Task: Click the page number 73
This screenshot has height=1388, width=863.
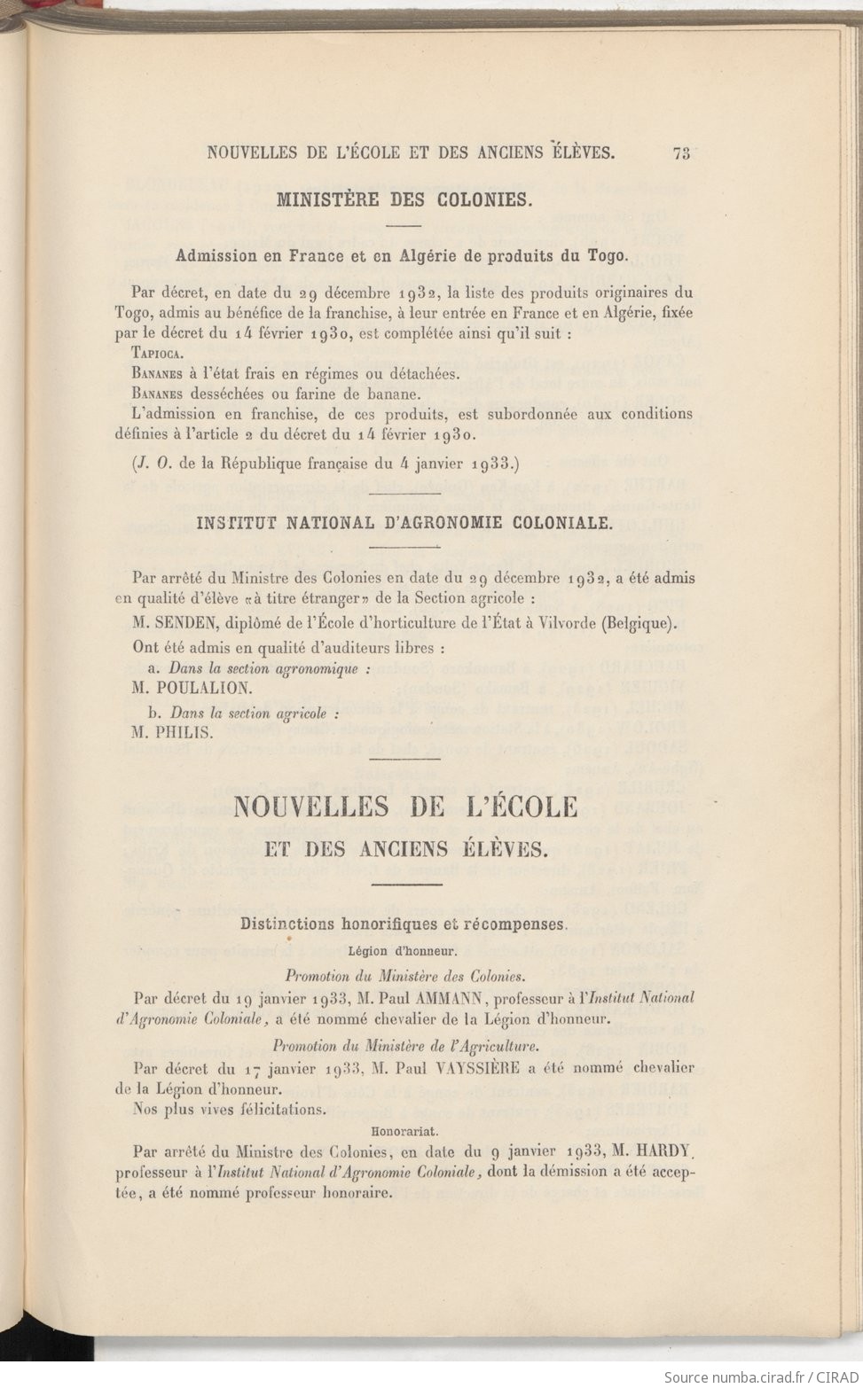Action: click(681, 152)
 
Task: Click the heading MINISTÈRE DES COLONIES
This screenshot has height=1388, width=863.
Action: click(404, 199)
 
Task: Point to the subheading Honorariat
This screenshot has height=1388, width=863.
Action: click(404, 1131)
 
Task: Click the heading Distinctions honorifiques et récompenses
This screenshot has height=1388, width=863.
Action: click(404, 924)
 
